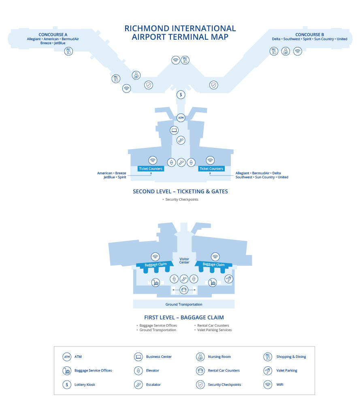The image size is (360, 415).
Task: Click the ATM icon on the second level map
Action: click(x=181, y=118)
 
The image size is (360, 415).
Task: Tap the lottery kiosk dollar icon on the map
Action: click(x=181, y=94)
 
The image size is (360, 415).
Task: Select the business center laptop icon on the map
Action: click(x=174, y=130)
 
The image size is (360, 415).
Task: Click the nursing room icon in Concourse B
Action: click(x=285, y=51)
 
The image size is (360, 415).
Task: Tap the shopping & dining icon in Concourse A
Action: click(x=68, y=51)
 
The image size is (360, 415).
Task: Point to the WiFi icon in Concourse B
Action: click(x=298, y=51)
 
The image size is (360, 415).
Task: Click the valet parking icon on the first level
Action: click(x=229, y=279)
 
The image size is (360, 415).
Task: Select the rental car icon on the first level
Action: click(x=184, y=290)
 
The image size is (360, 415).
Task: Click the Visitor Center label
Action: click(x=184, y=261)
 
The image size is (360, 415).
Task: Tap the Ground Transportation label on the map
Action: click(x=184, y=304)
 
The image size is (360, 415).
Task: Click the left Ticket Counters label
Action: click(x=151, y=169)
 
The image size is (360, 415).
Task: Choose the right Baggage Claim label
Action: click(x=214, y=264)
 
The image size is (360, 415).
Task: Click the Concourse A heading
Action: click(x=53, y=35)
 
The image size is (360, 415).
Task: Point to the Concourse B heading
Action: click(x=310, y=35)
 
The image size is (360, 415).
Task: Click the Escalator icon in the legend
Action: click(x=138, y=385)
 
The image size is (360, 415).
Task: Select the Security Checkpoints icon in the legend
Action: click(x=200, y=385)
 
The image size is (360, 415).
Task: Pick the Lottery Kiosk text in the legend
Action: click(x=85, y=385)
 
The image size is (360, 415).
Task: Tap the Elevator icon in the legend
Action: click(x=138, y=370)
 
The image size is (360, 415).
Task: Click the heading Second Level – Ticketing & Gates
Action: click(x=180, y=191)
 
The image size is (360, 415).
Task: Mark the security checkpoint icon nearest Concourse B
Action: click(x=214, y=85)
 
